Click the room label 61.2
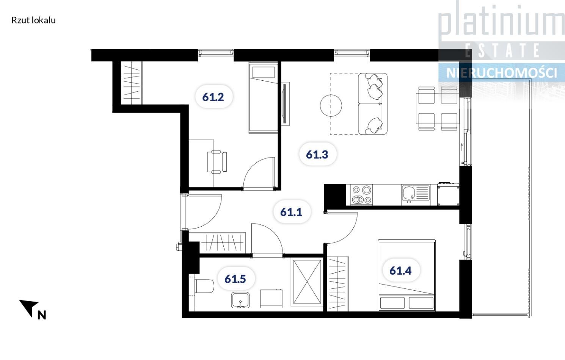[x=213, y=97]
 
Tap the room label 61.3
[x=317, y=155]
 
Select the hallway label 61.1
[x=291, y=212]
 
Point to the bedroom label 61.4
[x=400, y=271]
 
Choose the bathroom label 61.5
[x=235, y=279]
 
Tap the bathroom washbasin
[x=240, y=300]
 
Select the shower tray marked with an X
[x=307, y=282]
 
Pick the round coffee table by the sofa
[x=331, y=105]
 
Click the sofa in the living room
[x=373, y=103]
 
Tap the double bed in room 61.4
[x=406, y=275]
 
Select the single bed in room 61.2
[x=263, y=97]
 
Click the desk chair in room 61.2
[x=217, y=161]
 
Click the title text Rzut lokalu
[x=33, y=20]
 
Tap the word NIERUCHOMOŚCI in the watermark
[x=501, y=73]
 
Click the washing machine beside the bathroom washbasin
[x=271, y=298]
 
